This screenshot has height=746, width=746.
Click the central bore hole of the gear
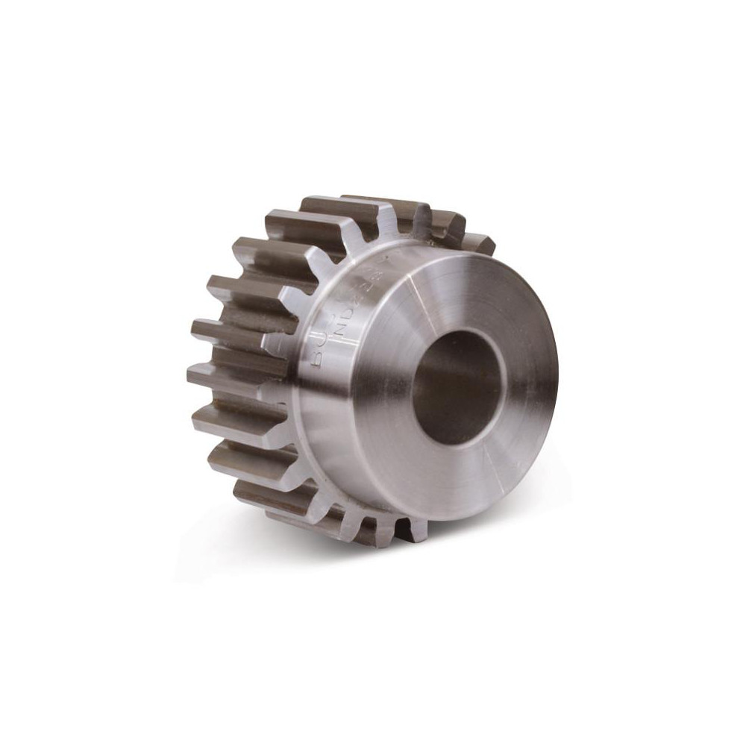(457, 386)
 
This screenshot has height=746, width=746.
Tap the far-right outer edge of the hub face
(557, 373)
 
